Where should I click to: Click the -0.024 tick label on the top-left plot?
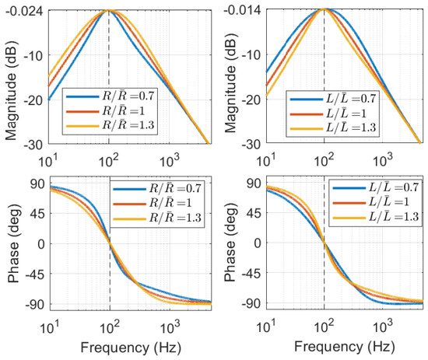pos(25,11)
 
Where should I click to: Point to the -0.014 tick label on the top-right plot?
pos(241,10)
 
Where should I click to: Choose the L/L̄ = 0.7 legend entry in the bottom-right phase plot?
pos(376,187)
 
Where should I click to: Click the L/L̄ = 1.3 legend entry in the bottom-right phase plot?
pos(376,217)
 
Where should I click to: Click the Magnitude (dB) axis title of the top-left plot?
pos(11,90)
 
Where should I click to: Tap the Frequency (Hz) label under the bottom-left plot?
pos(131,348)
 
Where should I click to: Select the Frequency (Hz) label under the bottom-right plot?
pos(345,347)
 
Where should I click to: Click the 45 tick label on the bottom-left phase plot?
pos(37,214)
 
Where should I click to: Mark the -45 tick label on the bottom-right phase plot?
pos(251,273)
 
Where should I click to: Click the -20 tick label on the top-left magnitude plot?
pos(33,100)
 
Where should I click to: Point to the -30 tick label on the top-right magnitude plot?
pos(251,145)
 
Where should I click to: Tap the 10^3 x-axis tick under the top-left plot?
pos(169,160)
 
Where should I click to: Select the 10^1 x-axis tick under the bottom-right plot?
pos(266,326)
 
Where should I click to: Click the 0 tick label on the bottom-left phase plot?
pos(41,244)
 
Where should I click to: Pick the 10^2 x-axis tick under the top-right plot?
pos(325,160)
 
